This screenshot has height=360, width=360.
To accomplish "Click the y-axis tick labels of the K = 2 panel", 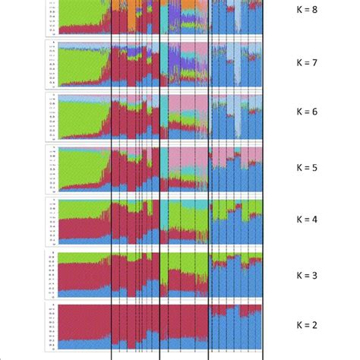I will tap(51, 327).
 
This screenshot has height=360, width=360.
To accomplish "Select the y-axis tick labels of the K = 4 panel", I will tap(51, 222).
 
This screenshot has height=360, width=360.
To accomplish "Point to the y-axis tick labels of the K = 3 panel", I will tap(51, 274).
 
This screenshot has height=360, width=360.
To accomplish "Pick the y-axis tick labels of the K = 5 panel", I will tap(51, 169).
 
